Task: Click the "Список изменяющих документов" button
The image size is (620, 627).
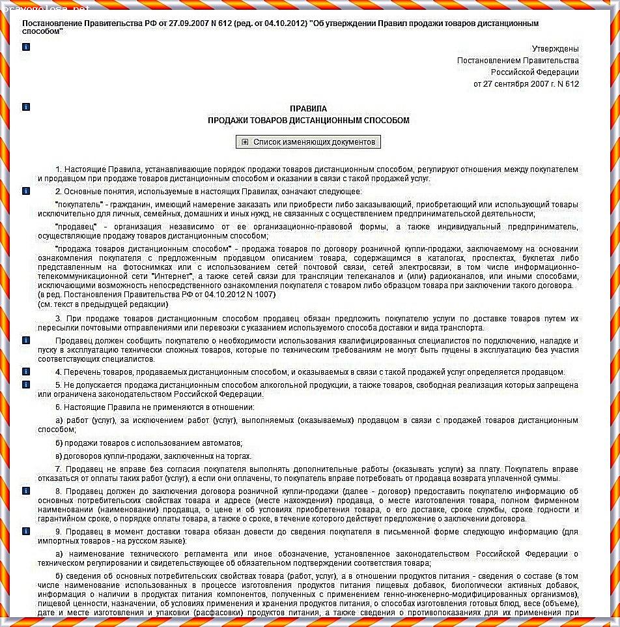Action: [x=308, y=142]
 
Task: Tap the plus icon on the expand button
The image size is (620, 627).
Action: [x=245, y=142]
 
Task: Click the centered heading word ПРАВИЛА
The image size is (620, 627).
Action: [x=308, y=109]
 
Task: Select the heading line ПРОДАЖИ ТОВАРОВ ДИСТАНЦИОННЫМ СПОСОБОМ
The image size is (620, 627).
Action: [x=308, y=121]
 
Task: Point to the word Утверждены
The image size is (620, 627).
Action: [x=555, y=49]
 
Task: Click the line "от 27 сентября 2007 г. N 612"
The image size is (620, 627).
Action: [x=526, y=84]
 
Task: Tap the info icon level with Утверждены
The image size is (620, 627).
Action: [x=26, y=48]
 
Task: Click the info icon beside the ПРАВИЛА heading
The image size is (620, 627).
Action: [x=26, y=106]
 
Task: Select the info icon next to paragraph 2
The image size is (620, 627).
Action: [x=26, y=191]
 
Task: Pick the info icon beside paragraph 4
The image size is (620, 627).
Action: [x=26, y=372]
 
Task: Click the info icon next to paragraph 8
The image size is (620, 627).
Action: [x=26, y=490]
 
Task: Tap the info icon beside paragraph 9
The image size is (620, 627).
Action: [x=26, y=531]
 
